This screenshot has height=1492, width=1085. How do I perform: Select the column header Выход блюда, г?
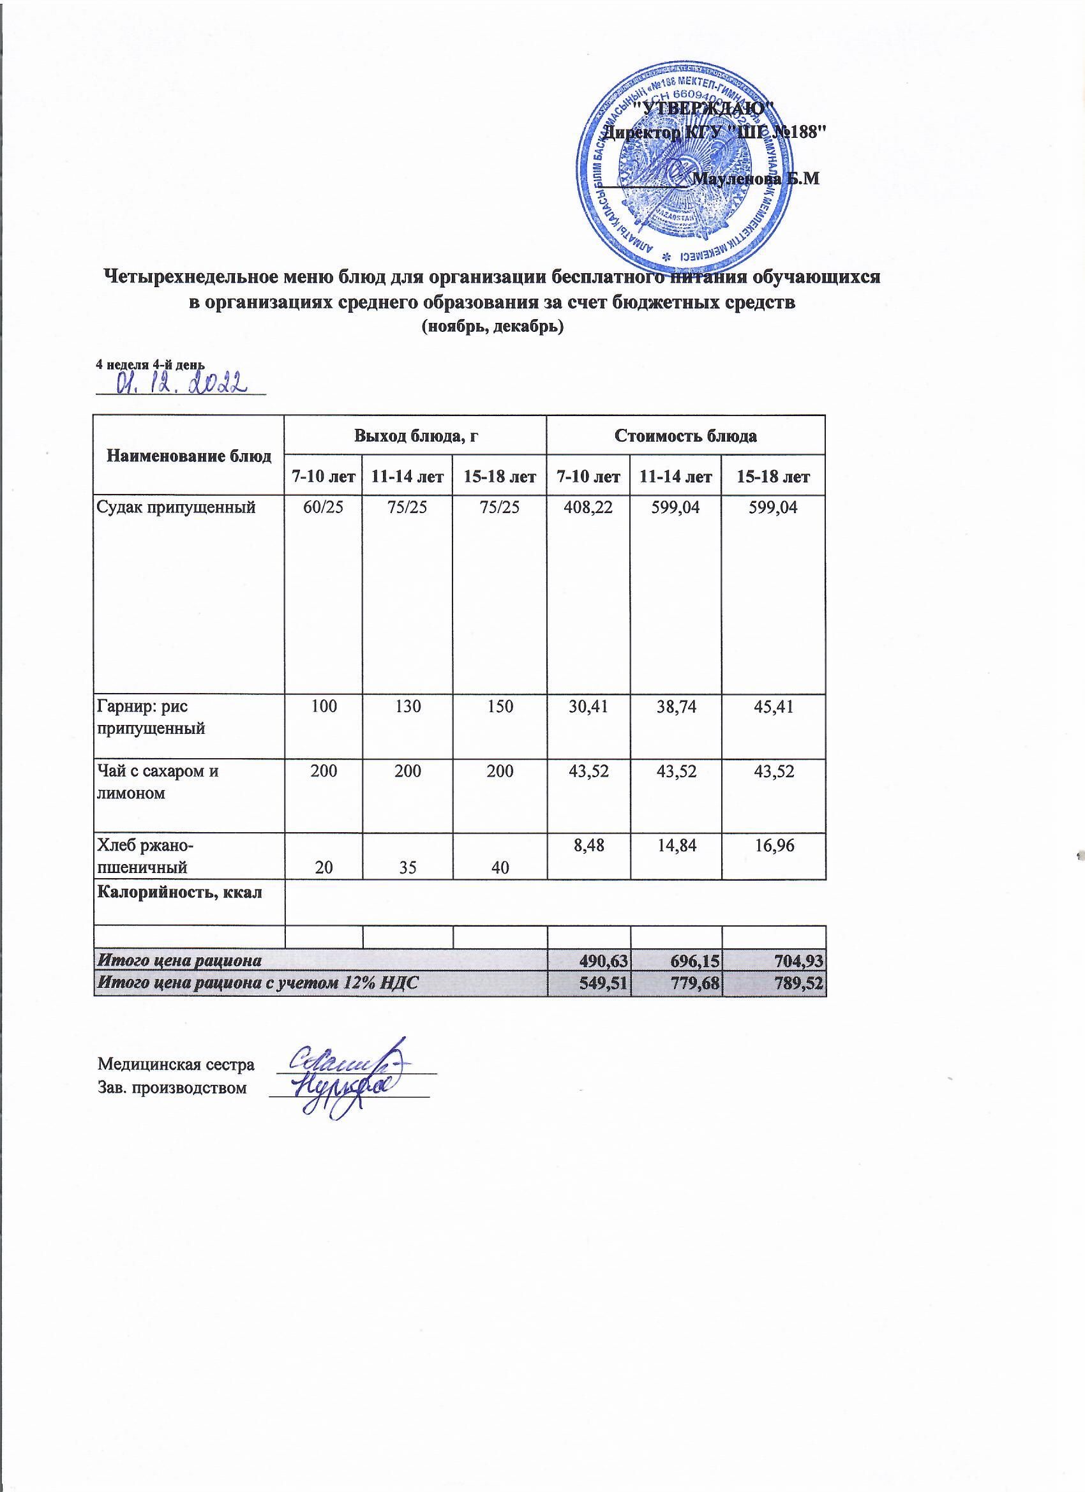[x=414, y=435]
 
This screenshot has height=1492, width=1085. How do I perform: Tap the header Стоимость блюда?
[x=685, y=435]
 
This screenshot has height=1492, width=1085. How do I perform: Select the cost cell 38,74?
[x=675, y=707]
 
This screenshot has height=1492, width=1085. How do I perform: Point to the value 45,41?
[x=773, y=707]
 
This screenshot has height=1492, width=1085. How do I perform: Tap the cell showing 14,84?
[x=675, y=845]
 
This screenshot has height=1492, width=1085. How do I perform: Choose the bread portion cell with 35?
[x=407, y=868]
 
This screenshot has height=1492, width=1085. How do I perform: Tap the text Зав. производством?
[x=172, y=1087]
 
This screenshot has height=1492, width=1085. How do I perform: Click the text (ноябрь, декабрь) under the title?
[x=492, y=327]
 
